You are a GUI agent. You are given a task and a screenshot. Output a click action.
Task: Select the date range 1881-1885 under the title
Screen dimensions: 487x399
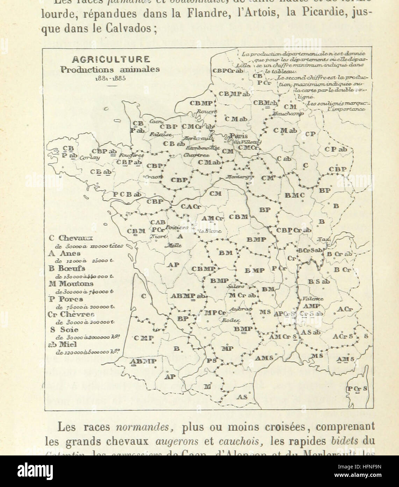coord(110,78)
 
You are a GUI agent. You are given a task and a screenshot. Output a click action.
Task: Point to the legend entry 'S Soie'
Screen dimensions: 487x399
coord(63,329)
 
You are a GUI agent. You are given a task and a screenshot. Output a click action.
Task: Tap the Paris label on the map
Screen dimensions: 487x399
coord(239,136)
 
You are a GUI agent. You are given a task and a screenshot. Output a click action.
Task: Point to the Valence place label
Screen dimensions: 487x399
coord(313,299)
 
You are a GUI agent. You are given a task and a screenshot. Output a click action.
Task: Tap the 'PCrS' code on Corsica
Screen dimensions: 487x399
coord(357,389)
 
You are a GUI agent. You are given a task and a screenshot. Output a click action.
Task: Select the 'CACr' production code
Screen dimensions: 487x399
coord(191,207)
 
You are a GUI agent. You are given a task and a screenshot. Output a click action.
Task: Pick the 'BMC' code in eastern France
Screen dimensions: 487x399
coord(294,196)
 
